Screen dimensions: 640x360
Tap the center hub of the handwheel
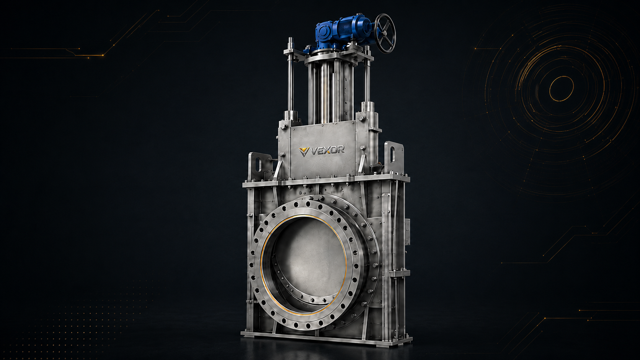385,33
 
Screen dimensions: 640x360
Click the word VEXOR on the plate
327,150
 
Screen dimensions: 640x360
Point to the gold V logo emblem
304,151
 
